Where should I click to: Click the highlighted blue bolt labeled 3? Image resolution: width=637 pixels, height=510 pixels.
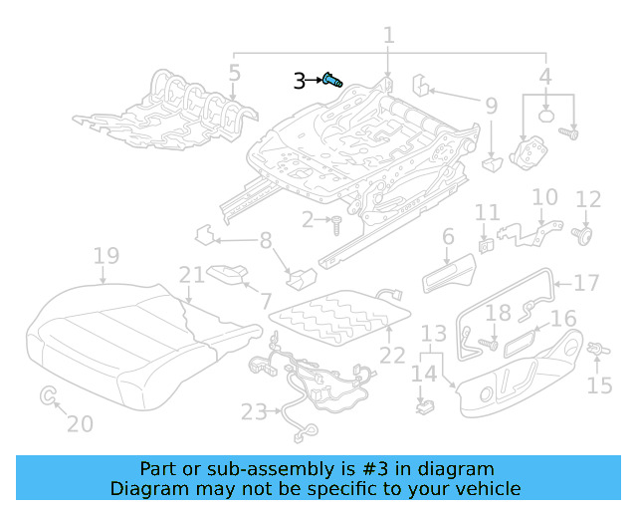(x=332, y=81)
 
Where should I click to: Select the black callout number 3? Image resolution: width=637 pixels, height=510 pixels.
(x=300, y=82)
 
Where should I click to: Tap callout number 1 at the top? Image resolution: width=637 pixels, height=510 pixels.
(x=388, y=36)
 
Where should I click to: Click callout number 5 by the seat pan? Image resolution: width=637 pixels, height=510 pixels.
(x=234, y=73)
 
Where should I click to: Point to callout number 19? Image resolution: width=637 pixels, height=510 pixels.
(x=106, y=258)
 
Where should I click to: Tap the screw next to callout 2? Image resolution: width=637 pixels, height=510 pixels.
(x=337, y=220)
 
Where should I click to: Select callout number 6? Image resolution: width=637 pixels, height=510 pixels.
(x=448, y=237)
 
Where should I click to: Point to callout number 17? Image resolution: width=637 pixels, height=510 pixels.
(x=587, y=282)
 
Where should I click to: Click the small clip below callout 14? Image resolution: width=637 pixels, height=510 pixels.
(x=425, y=406)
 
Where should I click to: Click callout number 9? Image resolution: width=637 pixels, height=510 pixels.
(x=491, y=106)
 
